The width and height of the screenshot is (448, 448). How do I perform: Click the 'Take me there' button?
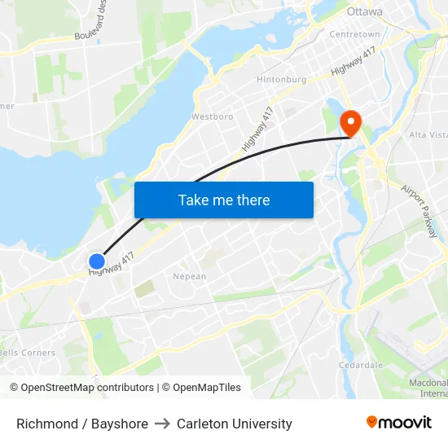[x=224, y=200]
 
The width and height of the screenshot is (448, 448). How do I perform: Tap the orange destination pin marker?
[x=351, y=124]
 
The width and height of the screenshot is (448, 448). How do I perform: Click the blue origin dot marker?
[x=96, y=261]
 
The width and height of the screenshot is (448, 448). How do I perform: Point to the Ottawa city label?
[x=364, y=11]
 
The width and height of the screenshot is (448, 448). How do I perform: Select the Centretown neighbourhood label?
[x=354, y=34]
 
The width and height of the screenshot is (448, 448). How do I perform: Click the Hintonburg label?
[x=281, y=80]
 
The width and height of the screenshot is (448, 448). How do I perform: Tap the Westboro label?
[x=212, y=116]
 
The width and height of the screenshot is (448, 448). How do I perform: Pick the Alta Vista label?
[x=427, y=134]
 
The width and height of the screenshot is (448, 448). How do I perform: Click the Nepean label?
[x=189, y=277]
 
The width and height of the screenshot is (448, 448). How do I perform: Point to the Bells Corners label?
[x=28, y=353]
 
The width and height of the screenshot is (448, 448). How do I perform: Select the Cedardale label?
[x=361, y=365]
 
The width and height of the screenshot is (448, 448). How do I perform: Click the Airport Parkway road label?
[x=420, y=210]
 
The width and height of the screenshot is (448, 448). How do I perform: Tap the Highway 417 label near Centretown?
[x=354, y=59]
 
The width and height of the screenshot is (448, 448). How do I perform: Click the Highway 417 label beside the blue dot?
[x=112, y=264]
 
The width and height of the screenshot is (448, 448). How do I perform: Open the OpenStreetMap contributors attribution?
[x=81, y=388]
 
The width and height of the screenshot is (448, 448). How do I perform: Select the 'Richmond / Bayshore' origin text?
[x=82, y=424]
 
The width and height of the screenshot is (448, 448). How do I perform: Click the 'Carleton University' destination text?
[x=235, y=424]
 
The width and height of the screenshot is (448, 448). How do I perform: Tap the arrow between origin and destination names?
[x=162, y=424]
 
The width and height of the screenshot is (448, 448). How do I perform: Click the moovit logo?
[x=398, y=422]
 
